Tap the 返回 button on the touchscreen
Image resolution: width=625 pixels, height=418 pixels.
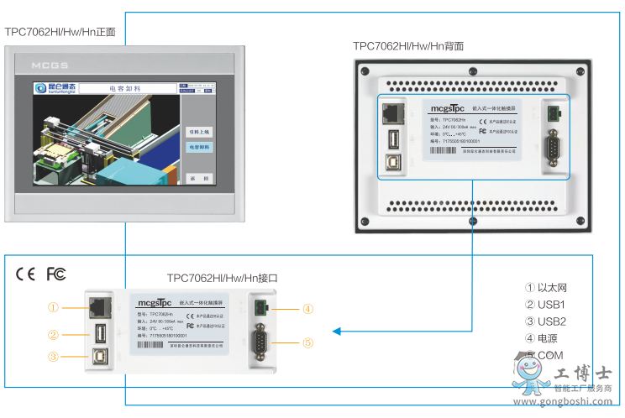tap(198, 178)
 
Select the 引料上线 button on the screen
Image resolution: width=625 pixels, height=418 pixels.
tap(199, 131)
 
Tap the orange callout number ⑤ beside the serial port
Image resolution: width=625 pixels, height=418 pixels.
tap(308, 342)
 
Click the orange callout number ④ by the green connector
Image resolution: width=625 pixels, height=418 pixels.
tap(308, 309)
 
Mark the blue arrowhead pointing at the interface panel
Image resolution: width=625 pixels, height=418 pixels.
tap(337, 332)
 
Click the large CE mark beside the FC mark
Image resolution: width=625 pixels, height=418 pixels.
tap(26, 274)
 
